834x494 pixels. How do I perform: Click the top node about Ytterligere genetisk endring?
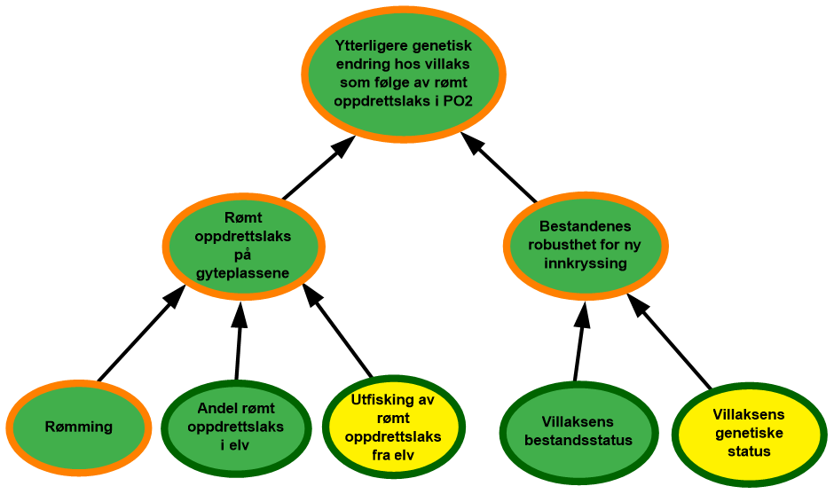click(x=404, y=74)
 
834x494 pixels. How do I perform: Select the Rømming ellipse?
click(x=79, y=427)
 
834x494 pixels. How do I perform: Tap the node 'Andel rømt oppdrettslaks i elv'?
click(x=236, y=427)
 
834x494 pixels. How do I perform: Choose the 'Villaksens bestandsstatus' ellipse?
click(x=578, y=431)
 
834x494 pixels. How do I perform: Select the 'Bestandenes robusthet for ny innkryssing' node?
click(x=586, y=245)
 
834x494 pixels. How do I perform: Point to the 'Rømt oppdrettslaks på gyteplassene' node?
click(x=243, y=246)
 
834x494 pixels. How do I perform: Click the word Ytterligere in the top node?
click(x=369, y=47)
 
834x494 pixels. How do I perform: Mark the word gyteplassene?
click(x=243, y=273)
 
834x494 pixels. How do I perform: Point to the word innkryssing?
click(x=586, y=263)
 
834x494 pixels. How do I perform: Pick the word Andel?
click(x=216, y=409)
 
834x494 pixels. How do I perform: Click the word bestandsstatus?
click(x=578, y=440)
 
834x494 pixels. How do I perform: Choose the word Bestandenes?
click(x=586, y=226)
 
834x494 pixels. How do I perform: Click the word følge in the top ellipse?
click(x=380, y=82)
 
